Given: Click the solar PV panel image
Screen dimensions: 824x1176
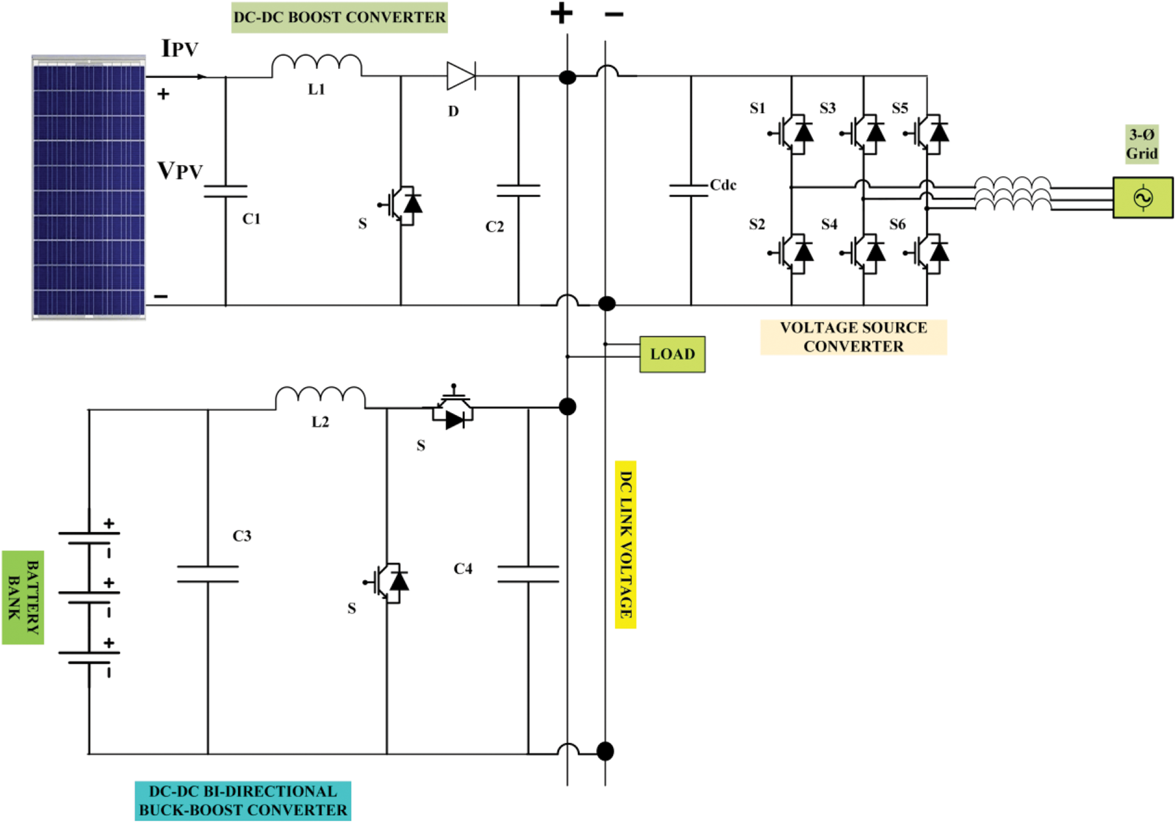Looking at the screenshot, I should [89, 188].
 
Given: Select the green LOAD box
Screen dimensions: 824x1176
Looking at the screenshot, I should [672, 354].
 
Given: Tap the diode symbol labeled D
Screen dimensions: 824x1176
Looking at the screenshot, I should [461, 76].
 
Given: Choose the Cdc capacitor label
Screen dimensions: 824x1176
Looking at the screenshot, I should [723, 185].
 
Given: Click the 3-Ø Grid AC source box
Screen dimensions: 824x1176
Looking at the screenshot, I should [1142, 197].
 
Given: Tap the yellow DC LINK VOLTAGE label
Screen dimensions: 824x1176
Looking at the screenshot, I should [626, 544].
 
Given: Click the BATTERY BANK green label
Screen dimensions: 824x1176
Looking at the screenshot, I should [23, 597].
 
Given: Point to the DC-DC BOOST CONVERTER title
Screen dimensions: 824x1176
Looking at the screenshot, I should [339, 17].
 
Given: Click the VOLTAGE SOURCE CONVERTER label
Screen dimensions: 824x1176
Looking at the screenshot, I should [853, 337].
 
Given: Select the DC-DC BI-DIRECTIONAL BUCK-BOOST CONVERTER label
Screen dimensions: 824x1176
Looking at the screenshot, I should [243, 801].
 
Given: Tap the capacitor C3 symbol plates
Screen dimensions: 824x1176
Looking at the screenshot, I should [208, 574].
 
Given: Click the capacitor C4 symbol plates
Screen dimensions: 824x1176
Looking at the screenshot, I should [528, 574].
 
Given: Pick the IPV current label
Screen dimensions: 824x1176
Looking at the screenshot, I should [180, 49].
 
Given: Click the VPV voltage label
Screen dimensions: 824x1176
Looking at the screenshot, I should [180, 171].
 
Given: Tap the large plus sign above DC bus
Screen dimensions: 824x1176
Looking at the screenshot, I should [561, 13].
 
